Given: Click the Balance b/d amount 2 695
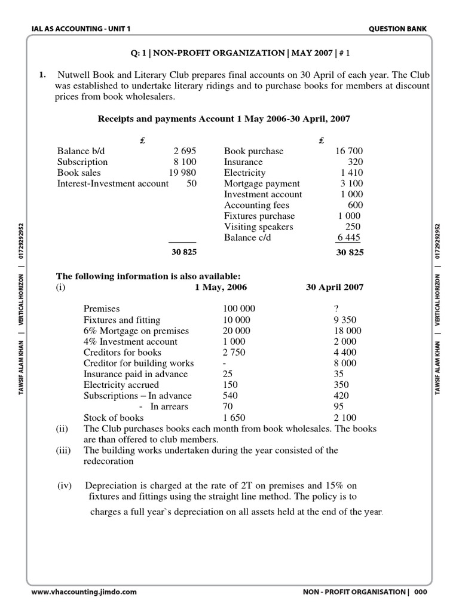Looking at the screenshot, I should pos(185,151).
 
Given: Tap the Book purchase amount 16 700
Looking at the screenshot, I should pos(348,151).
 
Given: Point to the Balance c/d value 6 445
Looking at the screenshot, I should pos(350,237).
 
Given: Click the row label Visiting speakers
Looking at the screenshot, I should pos(259,227).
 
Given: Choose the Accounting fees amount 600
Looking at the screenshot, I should pos(355,205).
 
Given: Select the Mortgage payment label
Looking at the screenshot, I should pos(262,183).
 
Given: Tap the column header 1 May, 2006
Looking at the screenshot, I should pos(221,287).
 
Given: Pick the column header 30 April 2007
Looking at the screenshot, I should pos(334,287).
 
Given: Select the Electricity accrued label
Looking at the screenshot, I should pos(121,385).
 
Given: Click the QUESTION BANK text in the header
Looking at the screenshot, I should pos(399,29).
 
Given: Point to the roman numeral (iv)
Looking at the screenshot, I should pos(65,485).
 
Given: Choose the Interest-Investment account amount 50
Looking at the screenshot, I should pos(191,183).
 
